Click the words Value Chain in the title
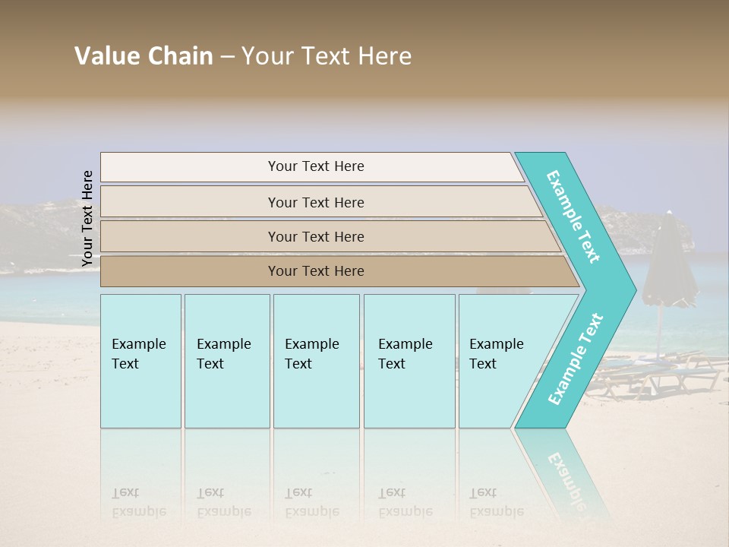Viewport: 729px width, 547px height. coord(144,56)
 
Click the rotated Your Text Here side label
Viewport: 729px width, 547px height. coord(87,218)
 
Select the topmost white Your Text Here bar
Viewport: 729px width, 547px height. coord(315,166)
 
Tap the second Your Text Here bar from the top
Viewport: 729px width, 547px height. coord(315,202)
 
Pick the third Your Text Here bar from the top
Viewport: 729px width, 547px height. coord(315,236)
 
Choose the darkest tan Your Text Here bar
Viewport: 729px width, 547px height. coord(315,271)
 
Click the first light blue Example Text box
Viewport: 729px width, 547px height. coord(140,361)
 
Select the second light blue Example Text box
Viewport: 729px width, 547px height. coord(226,361)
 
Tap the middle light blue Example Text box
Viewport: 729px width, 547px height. coord(316,361)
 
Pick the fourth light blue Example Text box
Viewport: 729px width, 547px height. coord(409,361)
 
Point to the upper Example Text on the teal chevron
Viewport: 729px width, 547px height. coord(573,217)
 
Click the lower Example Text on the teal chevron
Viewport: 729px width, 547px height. coord(576,359)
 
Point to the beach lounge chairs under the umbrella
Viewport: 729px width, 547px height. coord(653,372)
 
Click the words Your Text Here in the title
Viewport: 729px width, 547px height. coord(327,56)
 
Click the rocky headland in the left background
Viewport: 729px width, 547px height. coord(38,228)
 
